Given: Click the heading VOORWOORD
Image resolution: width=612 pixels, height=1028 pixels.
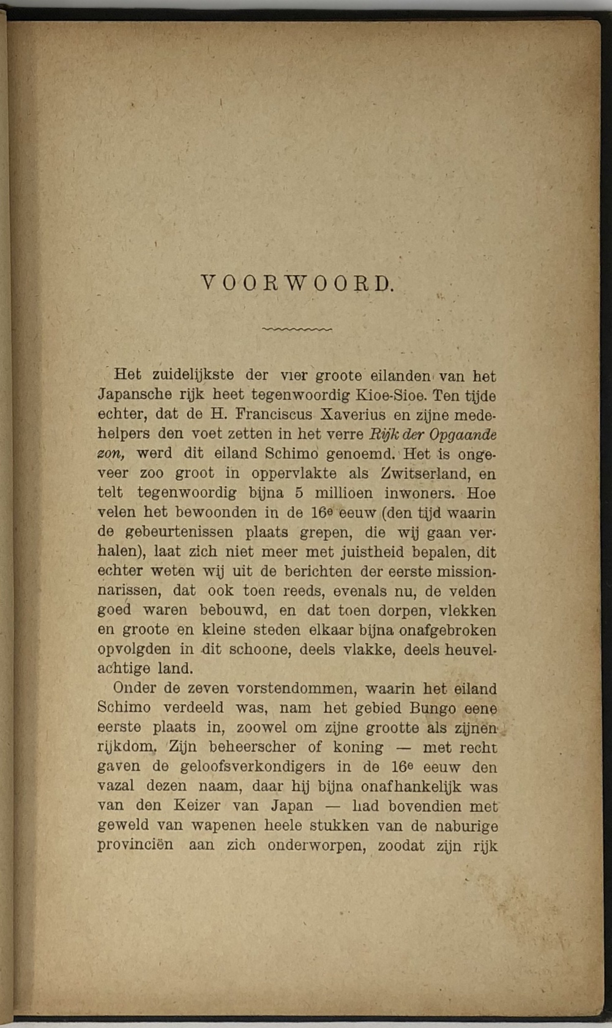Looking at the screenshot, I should (x=297, y=284).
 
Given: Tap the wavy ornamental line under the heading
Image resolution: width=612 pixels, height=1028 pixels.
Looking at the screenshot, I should (x=297, y=329).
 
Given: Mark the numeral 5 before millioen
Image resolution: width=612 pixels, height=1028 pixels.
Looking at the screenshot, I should (x=300, y=493).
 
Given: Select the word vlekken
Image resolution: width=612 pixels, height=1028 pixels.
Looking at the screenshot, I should (x=471, y=611).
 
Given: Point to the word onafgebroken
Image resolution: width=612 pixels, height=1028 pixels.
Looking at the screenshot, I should (x=448, y=630).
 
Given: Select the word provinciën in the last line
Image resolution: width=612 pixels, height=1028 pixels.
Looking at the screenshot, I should (x=135, y=845).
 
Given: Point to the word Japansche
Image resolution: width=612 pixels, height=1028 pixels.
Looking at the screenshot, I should (x=135, y=395).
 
